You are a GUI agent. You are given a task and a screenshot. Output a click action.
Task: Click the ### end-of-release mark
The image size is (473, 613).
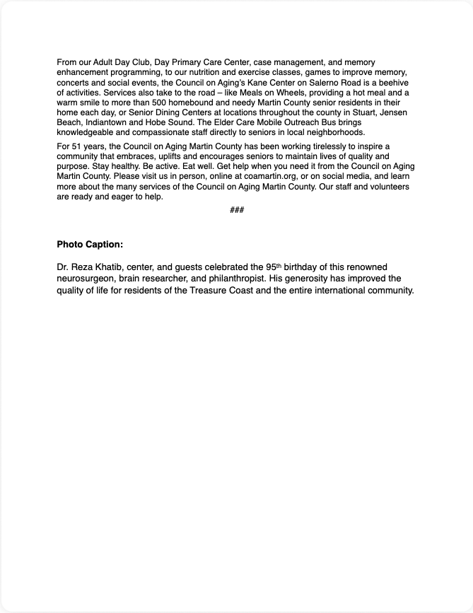[x=237, y=211]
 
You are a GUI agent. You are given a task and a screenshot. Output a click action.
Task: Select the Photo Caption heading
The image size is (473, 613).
[x=90, y=245]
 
